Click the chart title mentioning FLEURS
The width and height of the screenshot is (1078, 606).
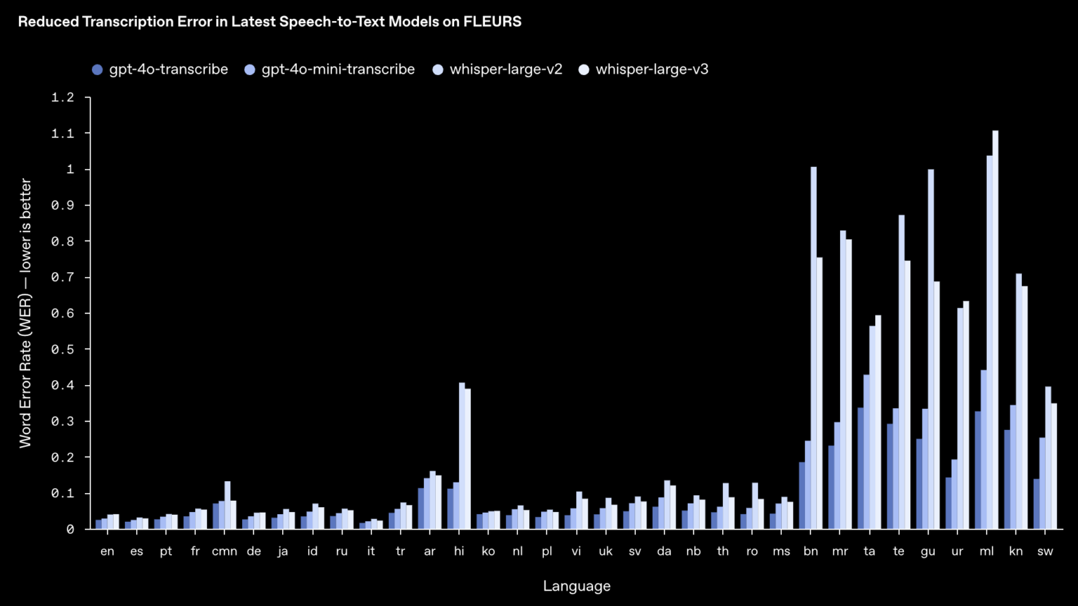269,22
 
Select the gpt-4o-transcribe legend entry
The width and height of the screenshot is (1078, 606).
160,69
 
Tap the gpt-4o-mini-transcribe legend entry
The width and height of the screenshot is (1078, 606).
329,69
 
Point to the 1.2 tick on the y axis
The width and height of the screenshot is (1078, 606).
62,97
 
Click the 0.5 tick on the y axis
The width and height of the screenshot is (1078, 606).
62,349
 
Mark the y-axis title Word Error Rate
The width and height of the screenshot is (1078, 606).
25,313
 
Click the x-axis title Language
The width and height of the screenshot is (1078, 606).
577,586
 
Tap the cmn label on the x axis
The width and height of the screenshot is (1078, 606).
225,551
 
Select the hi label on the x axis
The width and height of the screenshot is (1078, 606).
459,551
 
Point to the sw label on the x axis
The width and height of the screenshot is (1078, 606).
1045,551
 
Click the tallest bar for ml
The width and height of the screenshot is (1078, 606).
995,330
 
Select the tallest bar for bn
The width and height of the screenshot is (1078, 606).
813,348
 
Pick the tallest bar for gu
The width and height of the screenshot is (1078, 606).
931,349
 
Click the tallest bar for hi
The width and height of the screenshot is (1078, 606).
462,456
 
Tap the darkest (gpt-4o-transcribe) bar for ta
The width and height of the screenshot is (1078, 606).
860,469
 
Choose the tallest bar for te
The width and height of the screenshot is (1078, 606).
901,372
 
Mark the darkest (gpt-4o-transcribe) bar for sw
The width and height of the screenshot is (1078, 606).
1037,504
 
